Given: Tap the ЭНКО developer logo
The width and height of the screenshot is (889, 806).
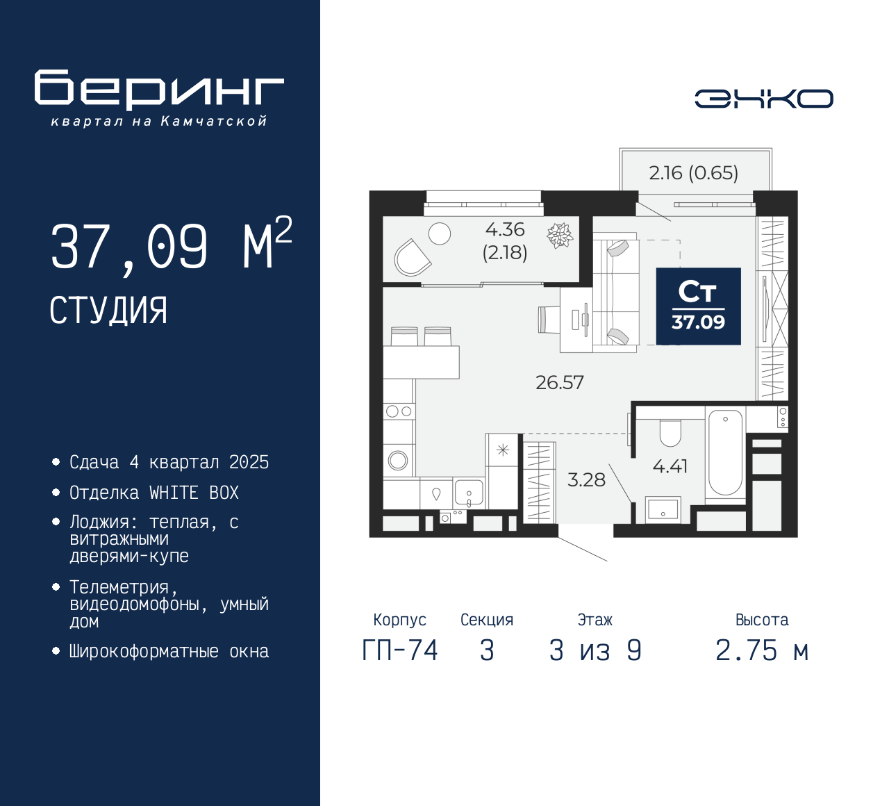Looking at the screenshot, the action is [x=763, y=99].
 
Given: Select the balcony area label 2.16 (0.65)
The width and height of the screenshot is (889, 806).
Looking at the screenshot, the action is [x=694, y=173].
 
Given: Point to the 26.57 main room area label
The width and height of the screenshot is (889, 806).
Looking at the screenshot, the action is [x=560, y=382].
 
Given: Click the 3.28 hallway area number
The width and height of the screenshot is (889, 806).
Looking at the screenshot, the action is [x=586, y=479].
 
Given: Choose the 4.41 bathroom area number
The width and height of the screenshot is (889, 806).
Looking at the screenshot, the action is [x=670, y=466].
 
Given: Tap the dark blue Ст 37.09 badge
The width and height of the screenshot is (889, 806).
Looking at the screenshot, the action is [x=699, y=306].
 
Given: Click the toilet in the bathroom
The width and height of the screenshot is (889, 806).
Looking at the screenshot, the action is [x=670, y=432].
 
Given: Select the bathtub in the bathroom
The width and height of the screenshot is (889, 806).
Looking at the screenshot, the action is [x=725, y=452].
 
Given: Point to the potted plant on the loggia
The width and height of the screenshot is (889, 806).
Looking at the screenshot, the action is [x=560, y=235].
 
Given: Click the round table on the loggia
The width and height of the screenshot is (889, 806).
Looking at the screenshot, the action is [x=439, y=233].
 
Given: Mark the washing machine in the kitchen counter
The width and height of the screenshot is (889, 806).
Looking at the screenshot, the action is [x=399, y=460].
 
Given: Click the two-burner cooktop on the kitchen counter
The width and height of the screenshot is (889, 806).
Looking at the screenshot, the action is [x=399, y=411].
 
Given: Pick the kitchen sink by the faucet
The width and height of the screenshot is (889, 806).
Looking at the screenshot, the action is [x=469, y=493].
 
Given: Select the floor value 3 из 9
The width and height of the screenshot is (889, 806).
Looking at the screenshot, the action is [x=595, y=651].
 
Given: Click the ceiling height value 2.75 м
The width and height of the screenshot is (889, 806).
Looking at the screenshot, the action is [x=762, y=651].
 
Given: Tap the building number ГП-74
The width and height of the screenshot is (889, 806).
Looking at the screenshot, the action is [x=400, y=651].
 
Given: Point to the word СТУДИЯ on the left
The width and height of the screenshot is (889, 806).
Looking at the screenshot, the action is [x=108, y=311].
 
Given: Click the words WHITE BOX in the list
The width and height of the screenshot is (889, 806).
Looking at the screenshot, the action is [x=194, y=493].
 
